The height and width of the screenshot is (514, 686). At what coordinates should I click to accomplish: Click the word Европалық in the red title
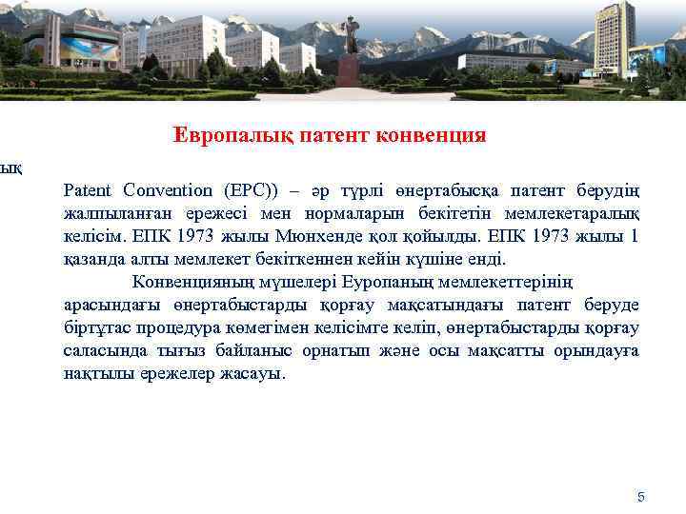(222, 136)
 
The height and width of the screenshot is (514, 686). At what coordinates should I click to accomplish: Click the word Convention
(163, 189)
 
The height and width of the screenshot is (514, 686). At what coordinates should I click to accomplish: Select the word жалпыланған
(119, 212)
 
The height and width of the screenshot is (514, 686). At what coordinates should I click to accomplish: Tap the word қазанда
(93, 258)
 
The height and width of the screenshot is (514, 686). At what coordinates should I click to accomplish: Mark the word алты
(153, 258)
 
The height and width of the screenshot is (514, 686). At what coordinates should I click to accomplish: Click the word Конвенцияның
(195, 282)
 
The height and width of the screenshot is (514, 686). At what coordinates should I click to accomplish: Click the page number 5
(640, 497)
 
